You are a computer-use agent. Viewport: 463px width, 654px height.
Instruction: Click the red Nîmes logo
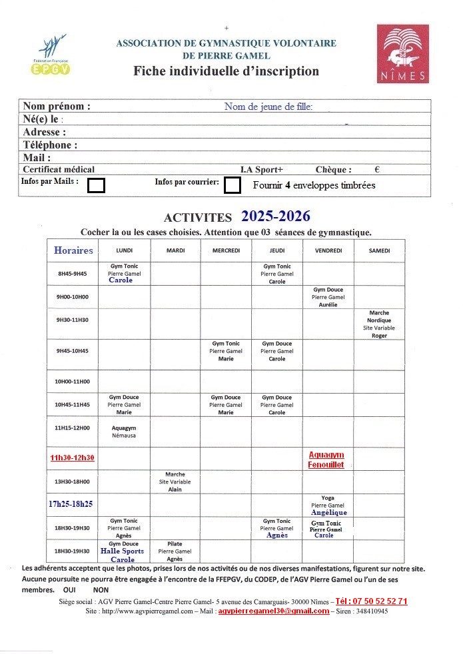[x=402, y=54]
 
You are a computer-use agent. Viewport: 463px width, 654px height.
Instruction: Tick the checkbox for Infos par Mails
[x=97, y=185]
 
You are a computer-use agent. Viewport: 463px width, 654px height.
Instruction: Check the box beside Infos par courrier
[x=232, y=185]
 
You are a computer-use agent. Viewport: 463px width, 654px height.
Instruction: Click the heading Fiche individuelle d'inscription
[x=226, y=71]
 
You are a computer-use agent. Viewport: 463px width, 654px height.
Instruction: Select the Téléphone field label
[x=50, y=145]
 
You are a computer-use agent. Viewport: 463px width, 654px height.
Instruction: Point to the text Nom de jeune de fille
[x=268, y=107]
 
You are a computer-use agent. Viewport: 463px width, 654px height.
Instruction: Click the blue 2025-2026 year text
[x=275, y=216]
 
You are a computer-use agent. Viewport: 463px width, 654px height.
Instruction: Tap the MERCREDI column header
[x=226, y=250]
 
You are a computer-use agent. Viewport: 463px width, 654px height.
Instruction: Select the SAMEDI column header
[x=379, y=250]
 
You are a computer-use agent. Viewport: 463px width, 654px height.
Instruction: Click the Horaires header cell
[x=73, y=250]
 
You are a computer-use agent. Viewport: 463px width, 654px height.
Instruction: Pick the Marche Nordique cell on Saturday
[x=378, y=324]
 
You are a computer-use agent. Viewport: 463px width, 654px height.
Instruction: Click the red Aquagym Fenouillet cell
[x=326, y=460]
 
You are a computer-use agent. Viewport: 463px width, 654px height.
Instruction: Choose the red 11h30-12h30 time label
[x=73, y=458]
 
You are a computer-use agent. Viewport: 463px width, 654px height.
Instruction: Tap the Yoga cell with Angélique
[x=328, y=505]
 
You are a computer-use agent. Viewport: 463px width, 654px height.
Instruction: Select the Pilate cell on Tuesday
[x=175, y=551]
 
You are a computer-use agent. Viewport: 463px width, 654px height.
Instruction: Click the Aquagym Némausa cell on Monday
[x=124, y=432]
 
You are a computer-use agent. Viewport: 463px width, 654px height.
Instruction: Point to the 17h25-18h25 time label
[x=70, y=504]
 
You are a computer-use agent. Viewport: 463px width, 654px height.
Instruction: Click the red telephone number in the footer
[x=372, y=601]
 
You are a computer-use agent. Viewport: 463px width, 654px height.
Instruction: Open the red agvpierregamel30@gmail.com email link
[x=274, y=611]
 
